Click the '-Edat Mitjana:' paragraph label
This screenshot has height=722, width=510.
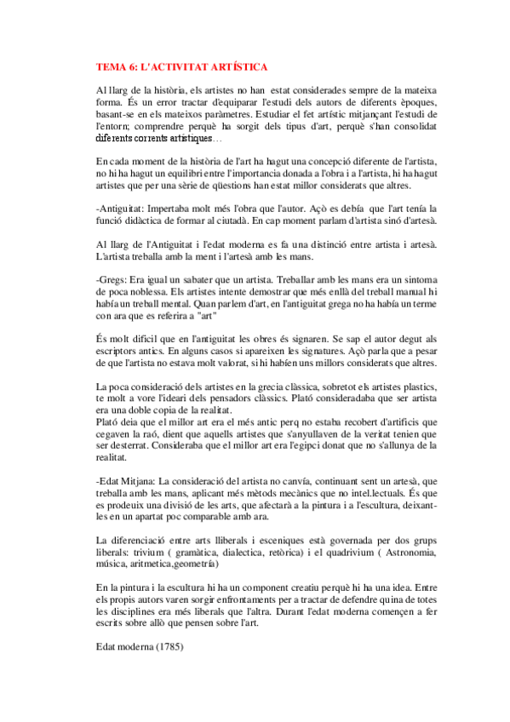tap(125, 482)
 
